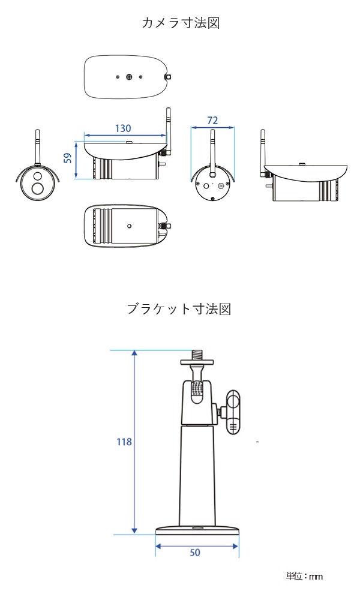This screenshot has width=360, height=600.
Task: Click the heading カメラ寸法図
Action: pos(179,23)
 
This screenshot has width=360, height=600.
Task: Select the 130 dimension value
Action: pos(122,128)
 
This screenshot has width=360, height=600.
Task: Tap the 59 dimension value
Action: pos(68,158)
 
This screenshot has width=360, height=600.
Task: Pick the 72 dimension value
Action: pos(212,121)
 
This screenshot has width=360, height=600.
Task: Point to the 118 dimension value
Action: pos(124,442)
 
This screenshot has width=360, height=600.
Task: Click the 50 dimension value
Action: pos(195,553)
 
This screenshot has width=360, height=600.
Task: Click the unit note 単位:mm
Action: pos(304,577)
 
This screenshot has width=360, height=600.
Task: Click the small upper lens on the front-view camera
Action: pos(37,177)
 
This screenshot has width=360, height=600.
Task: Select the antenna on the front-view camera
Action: pos(38,147)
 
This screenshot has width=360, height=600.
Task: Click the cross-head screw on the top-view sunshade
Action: pos(129,77)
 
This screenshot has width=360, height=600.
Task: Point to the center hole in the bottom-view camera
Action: pos(129,227)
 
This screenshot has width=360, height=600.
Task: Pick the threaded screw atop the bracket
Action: pos(197,354)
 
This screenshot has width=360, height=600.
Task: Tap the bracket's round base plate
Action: pos(197,529)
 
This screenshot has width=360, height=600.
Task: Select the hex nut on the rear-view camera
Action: pos(221,186)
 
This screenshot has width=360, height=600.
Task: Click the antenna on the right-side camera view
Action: pos(264,150)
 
